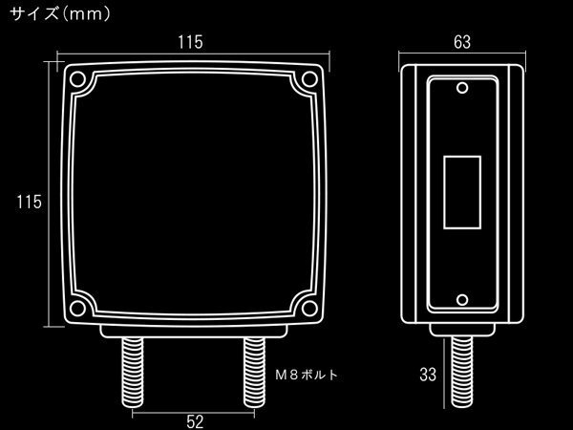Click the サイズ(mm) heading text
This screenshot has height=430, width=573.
[59, 14]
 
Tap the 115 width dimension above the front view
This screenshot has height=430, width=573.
[190, 42]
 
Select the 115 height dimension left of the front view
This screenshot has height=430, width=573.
[29, 202]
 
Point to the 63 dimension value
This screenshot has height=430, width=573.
[462, 42]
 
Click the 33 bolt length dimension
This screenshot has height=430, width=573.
[428, 375]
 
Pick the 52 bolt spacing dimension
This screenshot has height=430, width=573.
[195, 421]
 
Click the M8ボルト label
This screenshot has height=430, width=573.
[307, 375]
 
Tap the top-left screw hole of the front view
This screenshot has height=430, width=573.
[77, 79]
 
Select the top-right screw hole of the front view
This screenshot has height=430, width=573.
[309, 79]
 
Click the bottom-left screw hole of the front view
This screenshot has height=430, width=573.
[77, 309]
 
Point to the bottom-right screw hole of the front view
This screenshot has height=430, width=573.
[309, 309]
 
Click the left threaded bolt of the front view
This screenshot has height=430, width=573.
[133, 373]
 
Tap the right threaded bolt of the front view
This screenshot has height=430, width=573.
[254, 373]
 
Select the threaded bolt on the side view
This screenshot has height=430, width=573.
[462, 372]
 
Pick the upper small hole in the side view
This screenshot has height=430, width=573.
[462, 88]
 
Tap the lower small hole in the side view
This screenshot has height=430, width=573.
[462, 300]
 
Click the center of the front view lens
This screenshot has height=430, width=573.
[194, 194]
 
